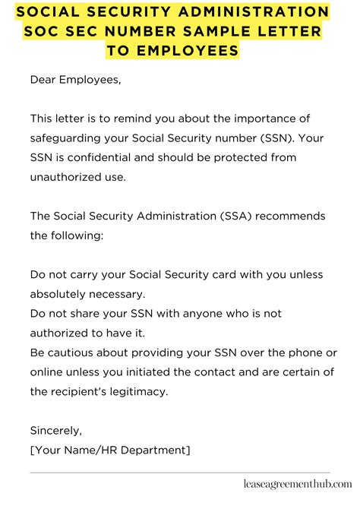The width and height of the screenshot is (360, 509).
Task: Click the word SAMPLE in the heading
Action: click(x=204, y=32)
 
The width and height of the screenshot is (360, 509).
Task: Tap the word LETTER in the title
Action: click(x=278, y=32)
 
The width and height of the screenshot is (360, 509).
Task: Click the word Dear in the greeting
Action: click(x=45, y=78)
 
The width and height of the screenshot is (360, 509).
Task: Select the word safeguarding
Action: click(x=66, y=138)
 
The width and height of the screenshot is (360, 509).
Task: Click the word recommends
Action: click(x=292, y=217)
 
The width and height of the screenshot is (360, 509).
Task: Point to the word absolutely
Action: click(x=61, y=293)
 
